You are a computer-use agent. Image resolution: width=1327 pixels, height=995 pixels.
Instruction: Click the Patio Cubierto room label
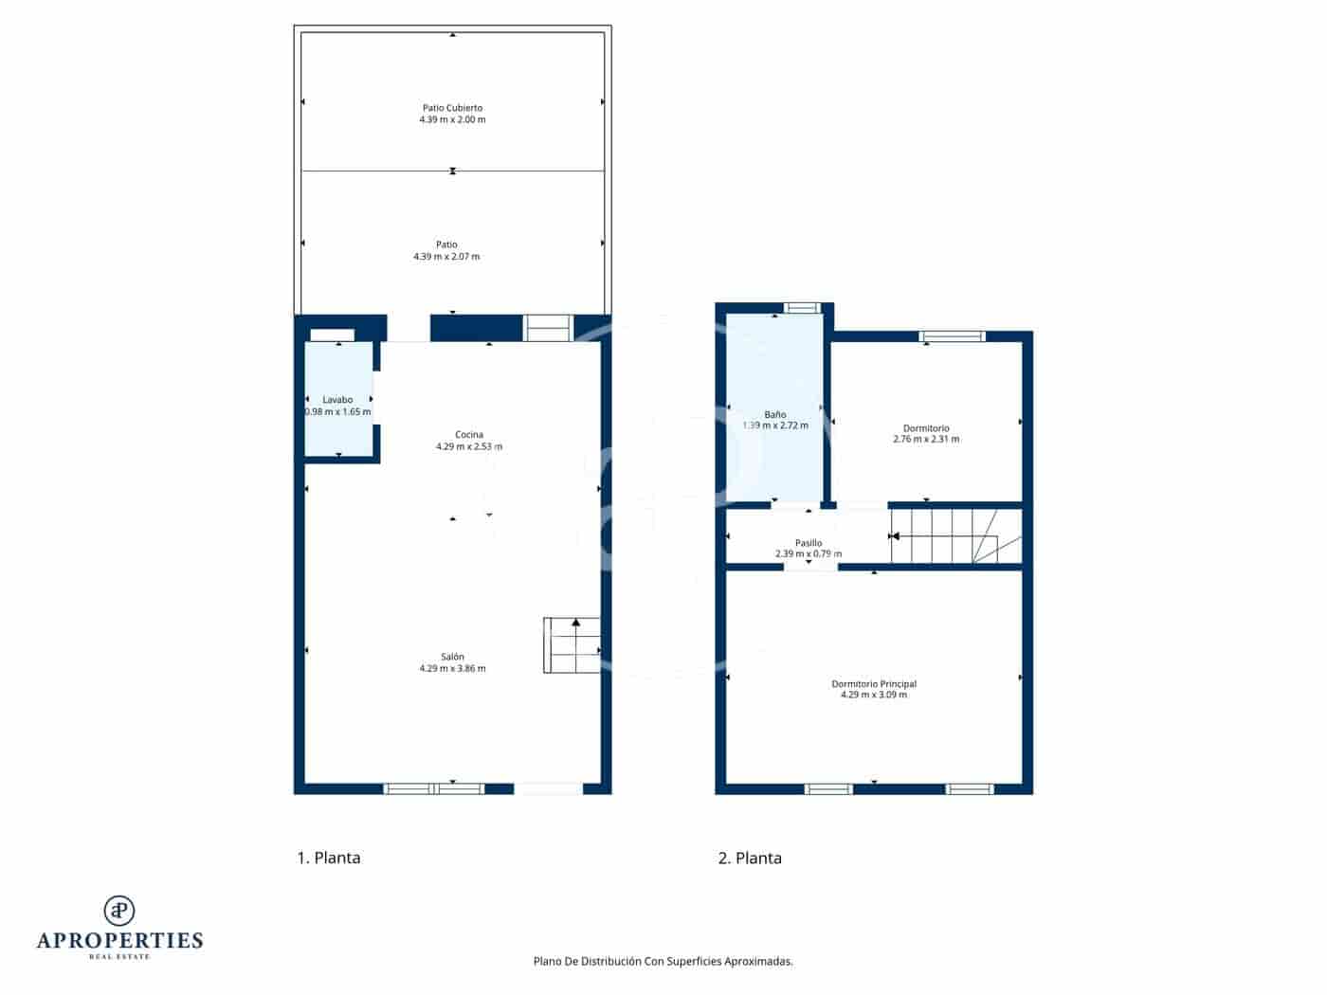click(x=452, y=108)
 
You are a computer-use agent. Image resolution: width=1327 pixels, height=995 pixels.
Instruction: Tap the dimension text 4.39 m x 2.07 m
click(x=446, y=257)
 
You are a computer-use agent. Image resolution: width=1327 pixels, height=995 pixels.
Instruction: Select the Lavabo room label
click(x=337, y=400)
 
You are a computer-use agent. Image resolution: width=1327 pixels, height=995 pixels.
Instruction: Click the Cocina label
click(x=469, y=435)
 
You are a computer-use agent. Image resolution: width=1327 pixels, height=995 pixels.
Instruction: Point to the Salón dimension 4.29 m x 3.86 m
click(x=452, y=669)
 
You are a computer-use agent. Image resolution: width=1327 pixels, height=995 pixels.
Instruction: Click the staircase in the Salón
click(x=573, y=645)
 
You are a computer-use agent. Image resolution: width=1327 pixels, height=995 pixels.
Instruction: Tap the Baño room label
click(x=775, y=415)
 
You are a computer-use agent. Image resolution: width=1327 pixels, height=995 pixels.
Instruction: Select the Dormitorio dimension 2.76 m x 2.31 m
click(x=926, y=440)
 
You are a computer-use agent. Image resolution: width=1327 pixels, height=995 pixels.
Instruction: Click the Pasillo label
click(x=809, y=543)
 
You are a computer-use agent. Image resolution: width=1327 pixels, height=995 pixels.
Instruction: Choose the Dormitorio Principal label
click(x=874, y=684)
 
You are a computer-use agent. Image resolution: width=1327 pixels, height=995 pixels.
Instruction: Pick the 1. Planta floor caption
click(x=329, y=859)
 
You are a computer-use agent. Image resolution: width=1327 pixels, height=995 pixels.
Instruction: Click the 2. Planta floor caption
click(x=750, y=859)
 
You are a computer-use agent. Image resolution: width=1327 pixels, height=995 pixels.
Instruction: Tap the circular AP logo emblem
click(x=119, y=910)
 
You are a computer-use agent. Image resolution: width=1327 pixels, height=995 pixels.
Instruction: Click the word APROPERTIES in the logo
click(x=119, y=941)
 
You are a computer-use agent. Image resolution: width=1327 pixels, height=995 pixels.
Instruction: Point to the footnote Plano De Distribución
click(x=663, y=961)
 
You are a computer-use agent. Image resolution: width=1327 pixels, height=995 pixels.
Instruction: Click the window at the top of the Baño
click(x=802, y=307)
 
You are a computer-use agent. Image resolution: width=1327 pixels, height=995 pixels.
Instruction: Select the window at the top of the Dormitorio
click(x=953, y=336)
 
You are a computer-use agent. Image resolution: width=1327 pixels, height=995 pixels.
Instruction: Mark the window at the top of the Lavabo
click(x=333, y=335)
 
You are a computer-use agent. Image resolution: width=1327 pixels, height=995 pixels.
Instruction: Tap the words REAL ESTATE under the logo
click(x=119, y=957)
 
